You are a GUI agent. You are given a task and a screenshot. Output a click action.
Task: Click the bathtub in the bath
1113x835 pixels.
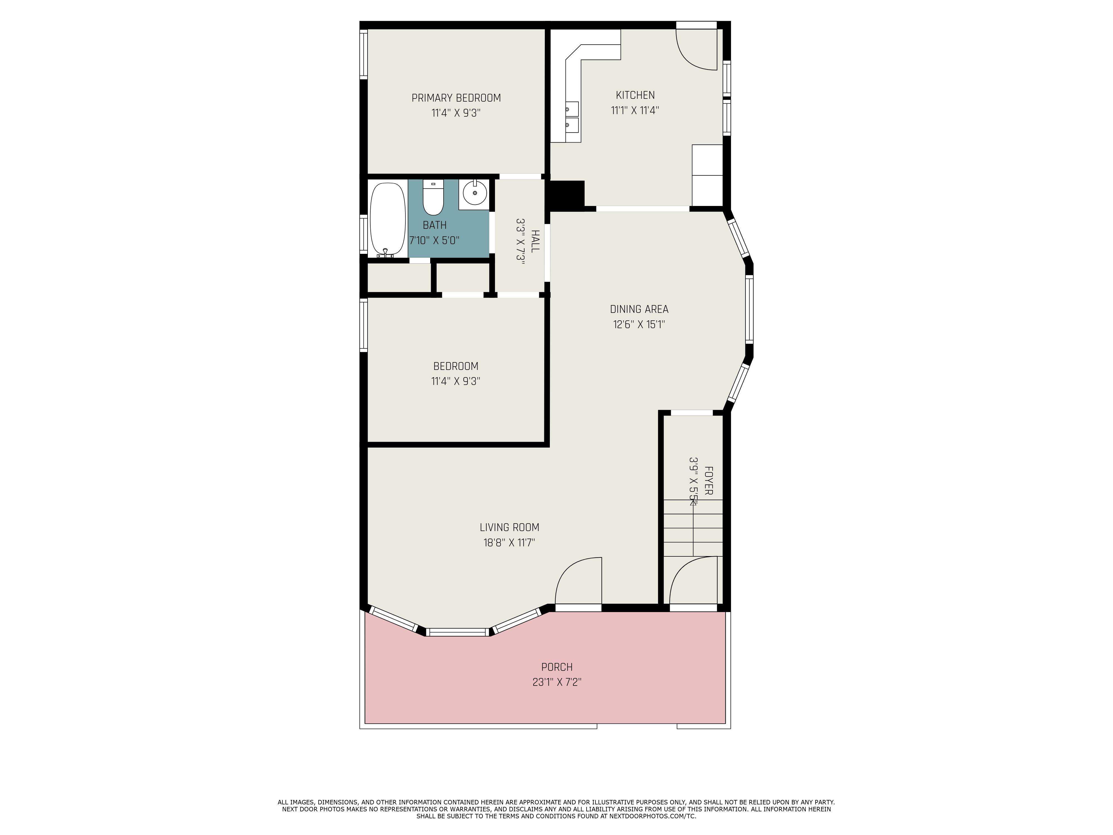click(x=387, y=220)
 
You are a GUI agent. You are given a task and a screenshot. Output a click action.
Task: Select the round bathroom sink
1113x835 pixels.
click(x=474, y=193)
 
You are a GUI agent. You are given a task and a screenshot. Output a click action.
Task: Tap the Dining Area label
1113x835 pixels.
click(x=639, y=309)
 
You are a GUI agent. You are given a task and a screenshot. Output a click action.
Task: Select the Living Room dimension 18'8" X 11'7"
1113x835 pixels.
click(x=509, y=542)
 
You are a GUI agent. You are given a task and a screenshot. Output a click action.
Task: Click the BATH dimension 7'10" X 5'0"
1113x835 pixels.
click(x=434, y=240)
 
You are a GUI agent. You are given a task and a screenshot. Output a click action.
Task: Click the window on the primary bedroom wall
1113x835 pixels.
click(x=363, y=54)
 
